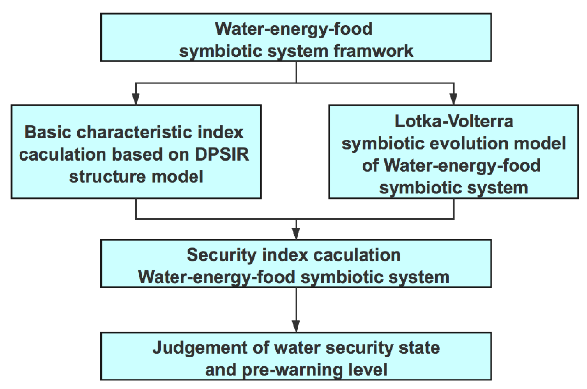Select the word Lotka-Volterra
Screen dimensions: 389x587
point(454,121)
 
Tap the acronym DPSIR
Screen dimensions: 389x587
point(222,154)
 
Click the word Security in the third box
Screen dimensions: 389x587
point(221,255)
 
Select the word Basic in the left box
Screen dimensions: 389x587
point(48,132)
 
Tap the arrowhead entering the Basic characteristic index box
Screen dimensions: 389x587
point(136,99)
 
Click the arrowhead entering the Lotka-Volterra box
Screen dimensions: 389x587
point(453,99)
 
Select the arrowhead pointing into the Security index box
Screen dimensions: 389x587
point(296,233)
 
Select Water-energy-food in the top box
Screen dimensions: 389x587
point(293,29)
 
